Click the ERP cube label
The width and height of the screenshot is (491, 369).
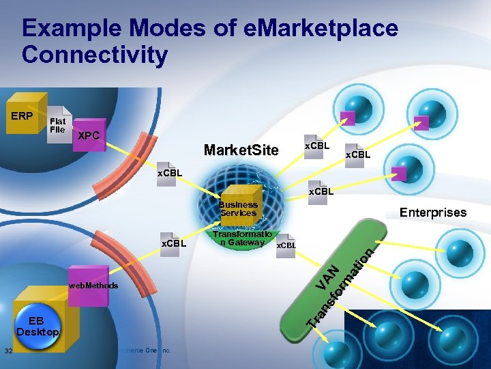tap(23, 115)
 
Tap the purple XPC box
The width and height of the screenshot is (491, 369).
tap(89, 136)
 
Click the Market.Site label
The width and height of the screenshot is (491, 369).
tap(241, 150)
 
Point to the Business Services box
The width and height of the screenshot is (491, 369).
tap(238, 208)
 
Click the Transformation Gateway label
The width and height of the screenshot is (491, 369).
tap(243, 238)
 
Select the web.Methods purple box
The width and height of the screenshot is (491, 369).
tap(93, 285)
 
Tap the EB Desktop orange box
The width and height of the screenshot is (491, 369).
tap(38, 327)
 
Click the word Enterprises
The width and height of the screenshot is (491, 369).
tap(433, 212)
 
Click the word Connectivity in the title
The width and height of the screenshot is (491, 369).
tap(95, 55)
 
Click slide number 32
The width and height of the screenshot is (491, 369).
tap(8, 351)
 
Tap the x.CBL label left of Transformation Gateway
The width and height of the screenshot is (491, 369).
tap(173, 243)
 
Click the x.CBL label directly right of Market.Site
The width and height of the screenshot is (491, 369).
tap(316, 146)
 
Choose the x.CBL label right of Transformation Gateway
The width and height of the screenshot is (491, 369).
tap(286, 245)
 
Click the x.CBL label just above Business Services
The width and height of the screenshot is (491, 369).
tap(321, 191)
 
